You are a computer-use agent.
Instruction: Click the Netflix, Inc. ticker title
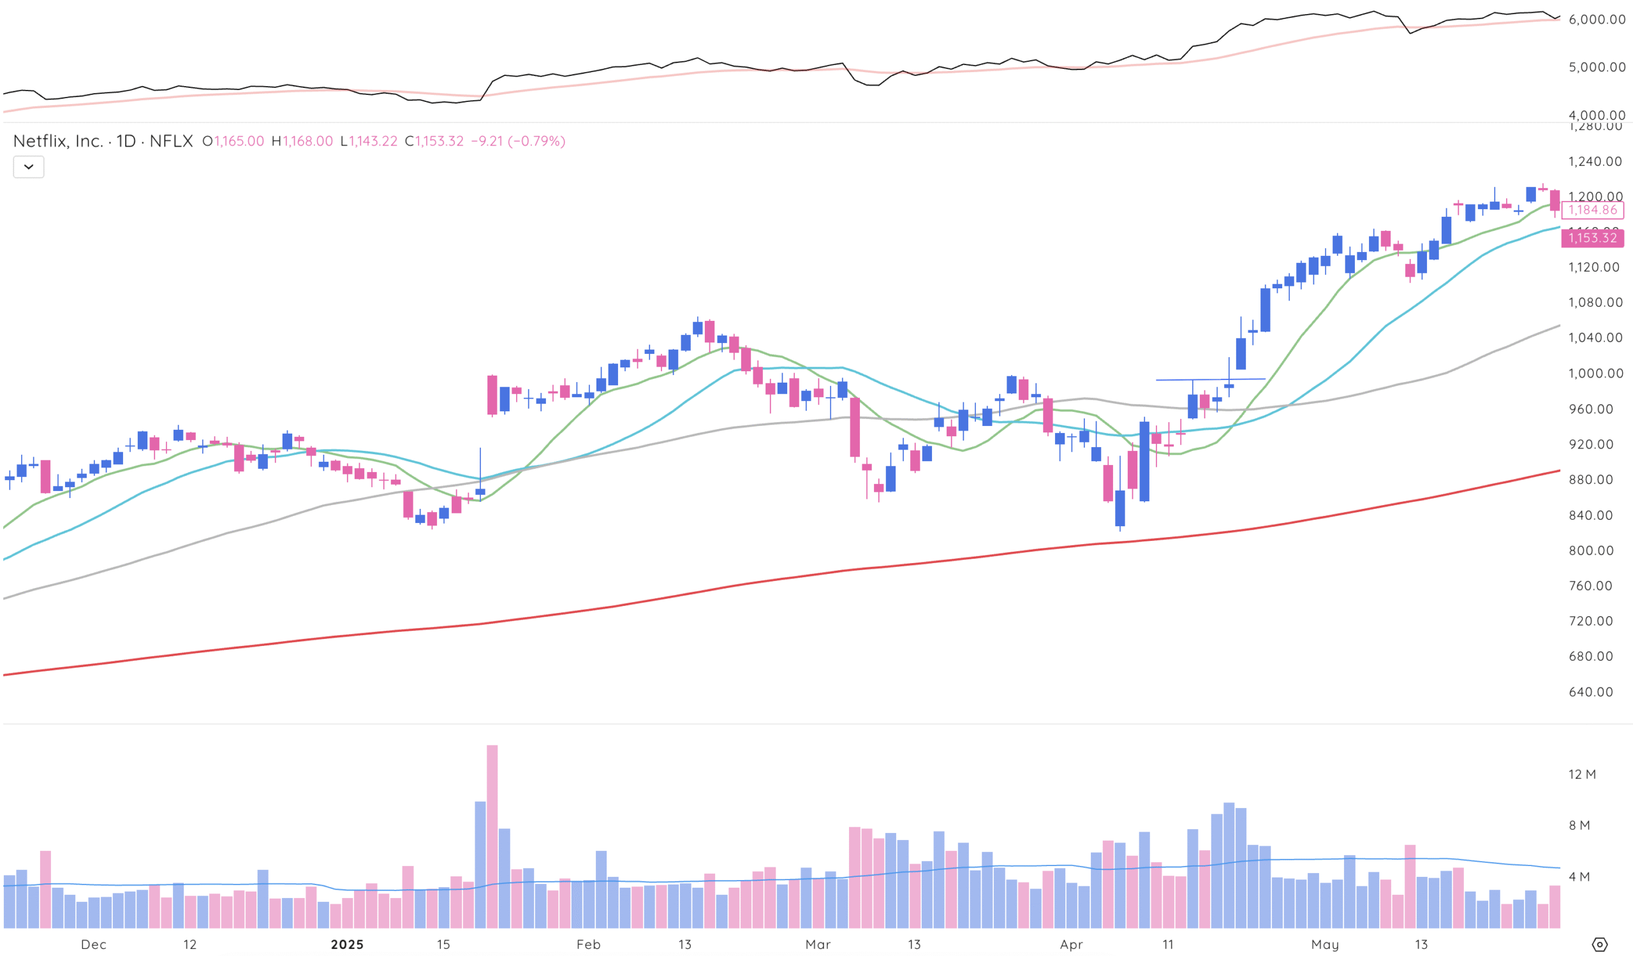pyautogui.click(x=103, y=141)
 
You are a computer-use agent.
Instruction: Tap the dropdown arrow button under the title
pyautogui.click(x=29, y=167)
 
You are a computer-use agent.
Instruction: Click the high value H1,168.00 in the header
pyautogui.click(x=302, y=141)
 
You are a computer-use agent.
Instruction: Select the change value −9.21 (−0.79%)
pyautogui.click(x=518, y=141)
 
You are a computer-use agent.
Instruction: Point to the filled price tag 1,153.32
pyautogui.click(x=1592, y=238)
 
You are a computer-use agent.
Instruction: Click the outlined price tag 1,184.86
pyautogui.click(x=1592, y=210)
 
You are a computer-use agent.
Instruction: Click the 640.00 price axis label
pyautogui.click(x=1590, y=692)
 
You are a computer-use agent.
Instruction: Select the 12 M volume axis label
pyautogui.click(x=1582, y=774)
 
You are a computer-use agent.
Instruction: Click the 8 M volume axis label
pyautogui.click(x=1579, y=825)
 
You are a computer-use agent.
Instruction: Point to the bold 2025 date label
pyautogui.click(x=348, y=945)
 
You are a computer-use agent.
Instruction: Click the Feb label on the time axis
pyautogui.click(x=588, y=945)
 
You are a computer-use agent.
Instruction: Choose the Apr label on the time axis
pyautogui.click(x=1071, y=945)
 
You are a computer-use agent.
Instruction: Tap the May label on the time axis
pyautogui.click(x=1324, y=945)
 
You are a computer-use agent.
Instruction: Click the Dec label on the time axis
pyautogui.click(x=93, y=945)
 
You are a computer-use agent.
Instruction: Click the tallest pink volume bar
pyautogui.click(x=492, y=835)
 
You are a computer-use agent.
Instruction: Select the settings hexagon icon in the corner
pyautogui.click(x=1599, y=945)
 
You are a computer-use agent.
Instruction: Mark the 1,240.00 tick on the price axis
pyautogui.click(x=1595, y=161)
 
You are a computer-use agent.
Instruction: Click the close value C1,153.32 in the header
pyautogui.click(x=434, y=141)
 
